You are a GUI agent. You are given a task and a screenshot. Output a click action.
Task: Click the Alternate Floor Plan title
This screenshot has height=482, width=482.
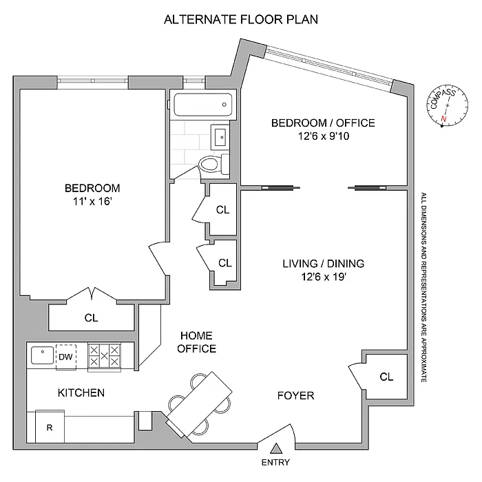point(240,19)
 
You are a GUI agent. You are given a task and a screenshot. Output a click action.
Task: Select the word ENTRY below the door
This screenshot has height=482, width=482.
point(275,463)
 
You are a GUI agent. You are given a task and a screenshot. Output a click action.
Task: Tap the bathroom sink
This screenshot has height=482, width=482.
point(221,136)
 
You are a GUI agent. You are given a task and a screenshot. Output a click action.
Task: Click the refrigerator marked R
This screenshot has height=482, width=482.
point(49,427)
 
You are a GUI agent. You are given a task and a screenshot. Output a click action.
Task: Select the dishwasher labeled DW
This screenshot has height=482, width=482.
point(66,357)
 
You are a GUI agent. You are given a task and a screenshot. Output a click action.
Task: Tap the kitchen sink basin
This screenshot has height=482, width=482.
point(42,356)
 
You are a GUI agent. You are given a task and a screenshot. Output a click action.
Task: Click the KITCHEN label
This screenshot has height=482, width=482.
point(81,393)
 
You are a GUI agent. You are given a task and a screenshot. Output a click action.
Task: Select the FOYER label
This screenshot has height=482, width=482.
point(295,396)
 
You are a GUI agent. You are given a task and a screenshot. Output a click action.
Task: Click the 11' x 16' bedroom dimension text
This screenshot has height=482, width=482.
point(92,202)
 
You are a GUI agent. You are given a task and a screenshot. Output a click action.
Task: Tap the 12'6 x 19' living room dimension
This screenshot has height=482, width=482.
point(323,277)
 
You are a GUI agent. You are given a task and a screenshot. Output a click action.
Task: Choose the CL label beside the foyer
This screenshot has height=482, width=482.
point(386,377)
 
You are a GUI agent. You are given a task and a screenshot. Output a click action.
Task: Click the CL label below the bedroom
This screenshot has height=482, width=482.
point(92,318)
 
